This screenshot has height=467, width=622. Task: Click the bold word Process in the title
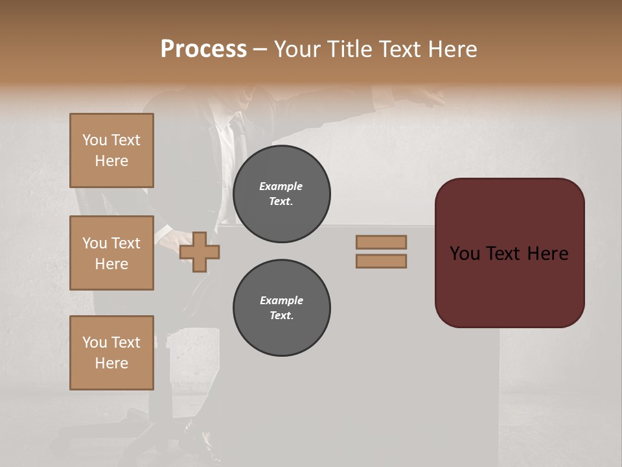click(x=203, y=49)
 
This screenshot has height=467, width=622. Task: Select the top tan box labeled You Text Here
click(x=111, y=150)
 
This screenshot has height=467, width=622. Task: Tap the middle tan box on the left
click(x=111, y=253)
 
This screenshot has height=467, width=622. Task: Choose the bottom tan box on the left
click(x=111, y=352)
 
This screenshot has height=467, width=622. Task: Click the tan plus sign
click(x=200, y=252)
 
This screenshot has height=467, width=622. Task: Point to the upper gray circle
click(x=281, y=194)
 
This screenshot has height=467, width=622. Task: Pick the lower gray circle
click(x=281, y=308)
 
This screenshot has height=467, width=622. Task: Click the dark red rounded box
click(x=509, y=252)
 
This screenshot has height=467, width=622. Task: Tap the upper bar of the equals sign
click(x=381, y=242)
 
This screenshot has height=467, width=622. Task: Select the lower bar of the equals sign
click(x=381, y=261)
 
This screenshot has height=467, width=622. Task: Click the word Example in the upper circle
click(x=281, y=186)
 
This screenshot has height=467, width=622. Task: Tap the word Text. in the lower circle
click(x=281, y=316)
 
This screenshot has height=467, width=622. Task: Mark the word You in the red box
click(x=465, y=254)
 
